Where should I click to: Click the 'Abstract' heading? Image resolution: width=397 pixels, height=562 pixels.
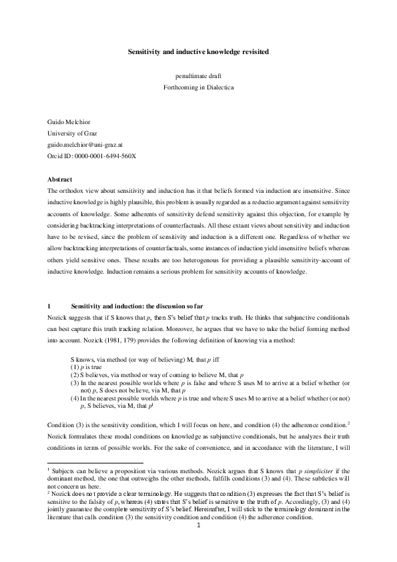click(x=61, y=180)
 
